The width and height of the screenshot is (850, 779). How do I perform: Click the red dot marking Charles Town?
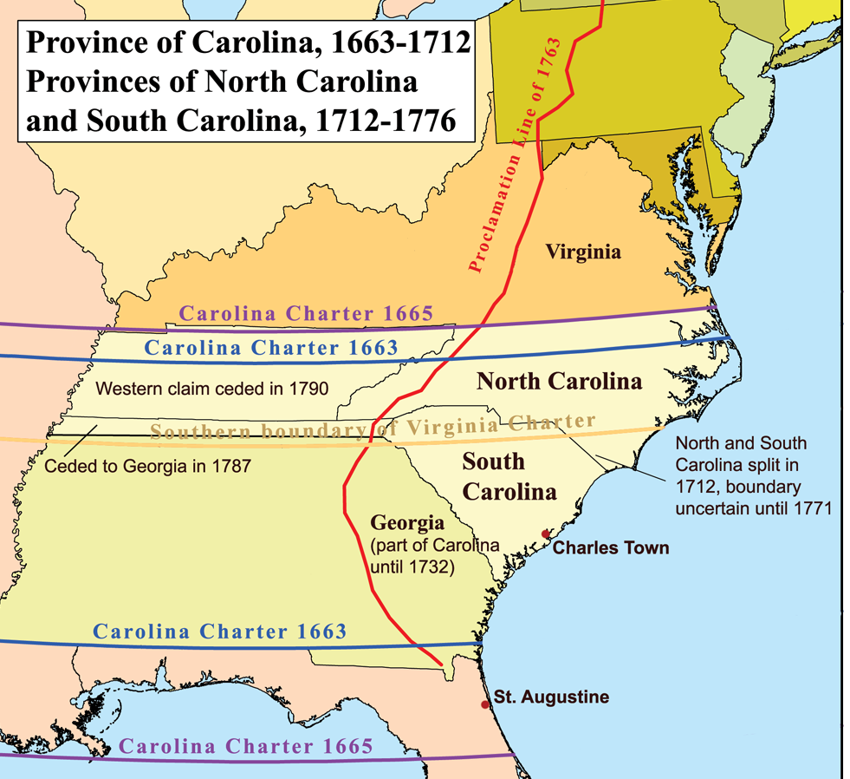coord(545,534)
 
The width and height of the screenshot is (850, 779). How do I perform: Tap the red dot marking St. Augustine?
coord(485,704)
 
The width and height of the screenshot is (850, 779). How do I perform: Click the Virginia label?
coord(583,252)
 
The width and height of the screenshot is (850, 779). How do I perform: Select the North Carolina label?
coord(560,381)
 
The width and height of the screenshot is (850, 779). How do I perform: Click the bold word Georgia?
coord(407,523)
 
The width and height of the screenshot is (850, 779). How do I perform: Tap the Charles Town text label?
coord(611,548)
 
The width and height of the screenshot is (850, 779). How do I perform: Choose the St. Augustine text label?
coord(552,697)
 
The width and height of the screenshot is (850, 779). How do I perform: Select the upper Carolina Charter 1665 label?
coord(306,313)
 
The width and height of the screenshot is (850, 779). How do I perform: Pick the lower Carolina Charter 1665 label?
coord(246,746)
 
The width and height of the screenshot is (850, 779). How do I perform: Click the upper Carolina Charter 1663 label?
coord(270,349)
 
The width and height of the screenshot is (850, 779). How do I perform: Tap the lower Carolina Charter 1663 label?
coord(220,632)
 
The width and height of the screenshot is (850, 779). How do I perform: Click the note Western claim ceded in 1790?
coord(212,389)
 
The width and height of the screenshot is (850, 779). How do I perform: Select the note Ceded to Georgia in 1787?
coord(147,467)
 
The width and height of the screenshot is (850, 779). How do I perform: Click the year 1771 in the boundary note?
coord(811,508)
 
